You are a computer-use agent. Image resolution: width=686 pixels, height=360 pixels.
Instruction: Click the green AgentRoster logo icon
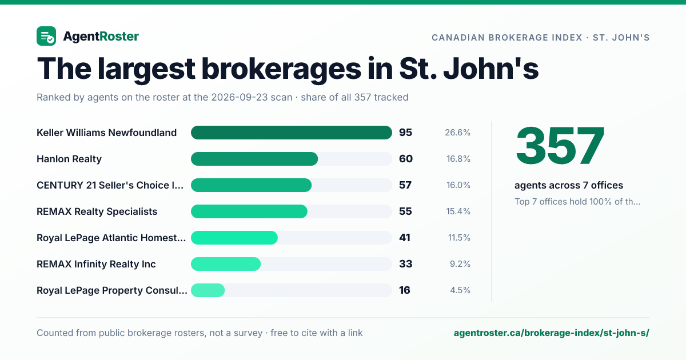click(x=46, y=36)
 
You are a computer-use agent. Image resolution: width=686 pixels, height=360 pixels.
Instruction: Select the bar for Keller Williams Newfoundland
click(x=291, y=133)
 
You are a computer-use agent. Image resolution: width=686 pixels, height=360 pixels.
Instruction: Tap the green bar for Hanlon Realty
click(x=254, y=159)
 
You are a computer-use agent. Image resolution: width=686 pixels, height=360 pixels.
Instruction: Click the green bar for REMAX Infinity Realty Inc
click(x=226, y=264)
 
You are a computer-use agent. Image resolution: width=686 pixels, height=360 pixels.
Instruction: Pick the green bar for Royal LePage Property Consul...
click(x=208, y=290)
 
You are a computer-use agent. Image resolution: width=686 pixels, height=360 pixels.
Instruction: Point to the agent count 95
click(x=405, y=133)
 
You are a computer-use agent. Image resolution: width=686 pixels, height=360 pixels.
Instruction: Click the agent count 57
click(x=405, y=185)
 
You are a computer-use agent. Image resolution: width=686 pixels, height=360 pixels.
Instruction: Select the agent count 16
click(x=405, y=290)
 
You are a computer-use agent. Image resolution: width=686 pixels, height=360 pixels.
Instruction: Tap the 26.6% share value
click(x=457, y=133)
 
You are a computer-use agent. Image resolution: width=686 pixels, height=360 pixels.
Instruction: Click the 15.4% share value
click(x=458, y=211)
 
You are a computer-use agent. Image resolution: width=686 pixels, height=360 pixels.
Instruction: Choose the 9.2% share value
click(x=460, y=264)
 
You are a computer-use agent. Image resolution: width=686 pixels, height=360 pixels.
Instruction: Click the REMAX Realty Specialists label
click(x=97, y=211)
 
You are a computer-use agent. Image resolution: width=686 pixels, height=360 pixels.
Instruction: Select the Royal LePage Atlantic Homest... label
click(x=111, y=238)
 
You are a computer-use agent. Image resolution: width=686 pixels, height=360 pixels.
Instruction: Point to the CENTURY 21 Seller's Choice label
click(x=110, y=185)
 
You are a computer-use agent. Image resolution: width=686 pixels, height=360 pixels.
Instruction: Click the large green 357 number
click(x=560, y=146)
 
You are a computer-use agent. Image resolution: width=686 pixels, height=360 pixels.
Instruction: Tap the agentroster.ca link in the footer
click(x=551, y=333)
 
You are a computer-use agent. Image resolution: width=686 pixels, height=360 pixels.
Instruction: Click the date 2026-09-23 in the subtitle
click(x=252, y=97)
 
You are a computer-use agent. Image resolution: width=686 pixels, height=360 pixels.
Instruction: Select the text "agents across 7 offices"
click(x=569, y=185)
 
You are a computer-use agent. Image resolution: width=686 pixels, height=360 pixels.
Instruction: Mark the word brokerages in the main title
click(x=281, y=69)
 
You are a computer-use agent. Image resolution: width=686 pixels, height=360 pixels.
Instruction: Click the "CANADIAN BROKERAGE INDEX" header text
click(x=507, y=38)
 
